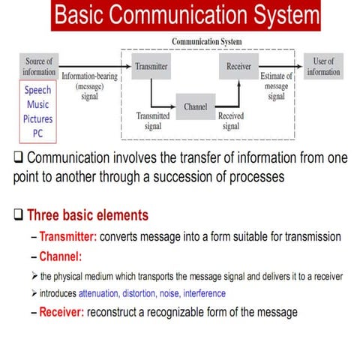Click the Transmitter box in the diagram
tap(151, 66)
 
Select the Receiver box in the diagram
tap(238, 66)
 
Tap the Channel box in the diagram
tap(195, 106)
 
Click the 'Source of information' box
tap(39, 66)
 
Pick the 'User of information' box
tap(323, 66)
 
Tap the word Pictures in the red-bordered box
tap(38, 118)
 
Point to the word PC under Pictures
tap(38, 132)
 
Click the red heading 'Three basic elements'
tap(87, 215)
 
